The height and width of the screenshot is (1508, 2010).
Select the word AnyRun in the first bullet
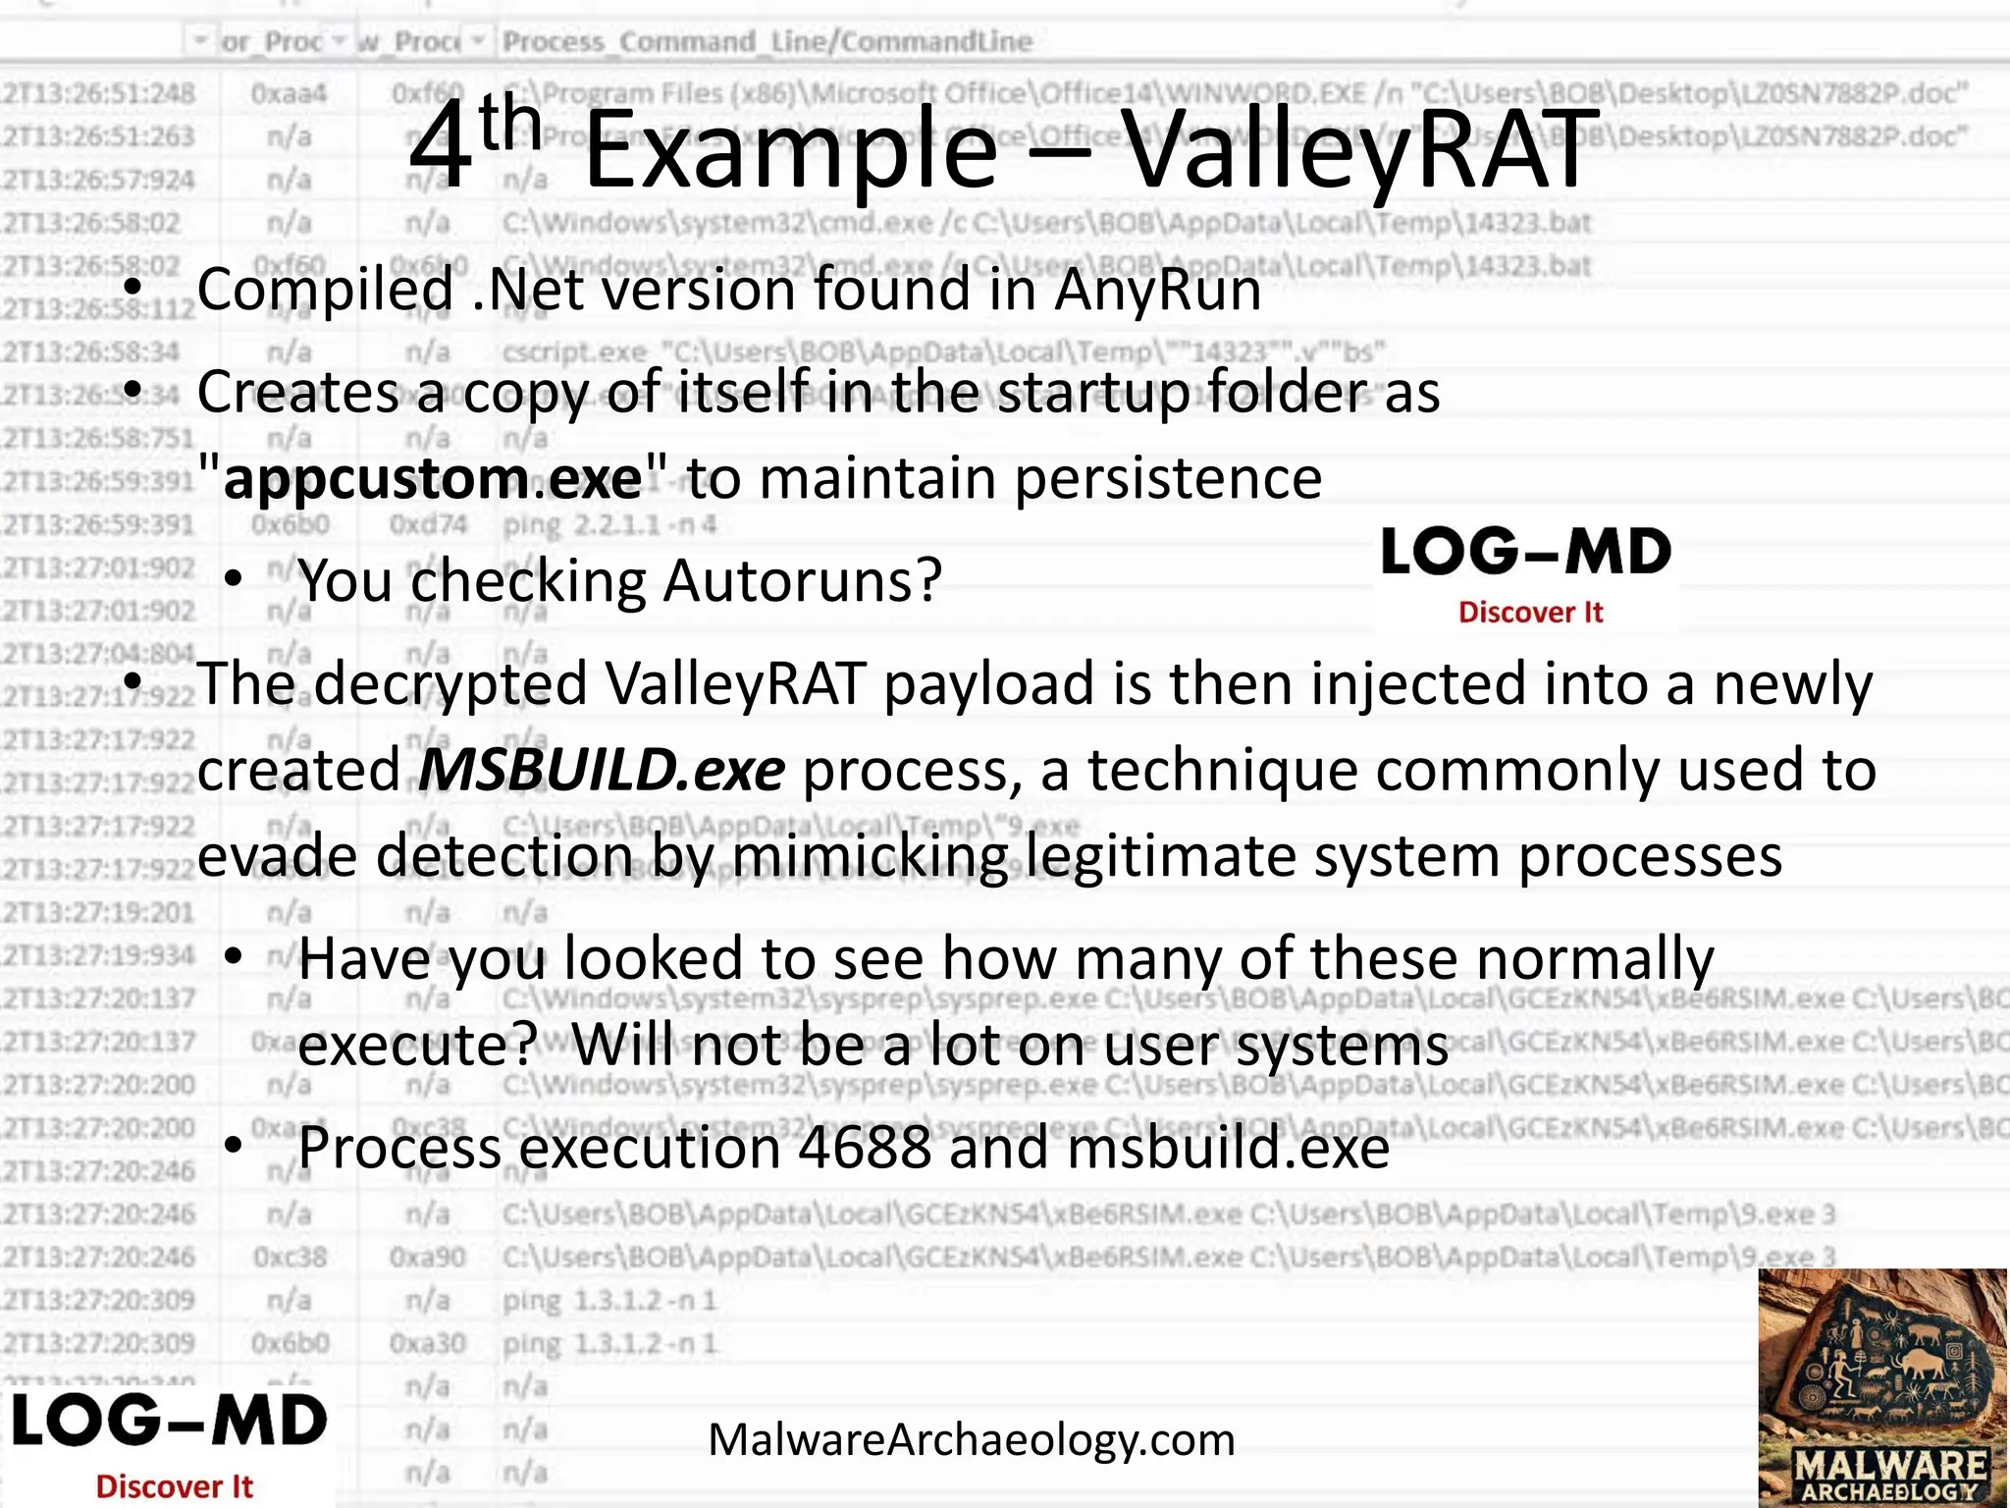point(1158,290)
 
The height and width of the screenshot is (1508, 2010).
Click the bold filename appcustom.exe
point(433,479)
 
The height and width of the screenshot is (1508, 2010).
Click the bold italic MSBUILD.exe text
point(602,770)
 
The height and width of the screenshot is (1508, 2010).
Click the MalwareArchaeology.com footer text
point(972,1440)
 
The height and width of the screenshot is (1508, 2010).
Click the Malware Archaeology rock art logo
point(1882,1387)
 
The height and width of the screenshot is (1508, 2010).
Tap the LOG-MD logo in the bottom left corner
point(169,1444)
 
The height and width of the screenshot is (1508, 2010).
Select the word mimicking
point(870,856)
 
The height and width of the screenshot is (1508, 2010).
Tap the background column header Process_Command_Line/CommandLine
point(767,42)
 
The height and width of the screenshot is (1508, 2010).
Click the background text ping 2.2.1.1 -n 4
point(608,524)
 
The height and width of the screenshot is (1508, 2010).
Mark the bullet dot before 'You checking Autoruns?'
point(233,580)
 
